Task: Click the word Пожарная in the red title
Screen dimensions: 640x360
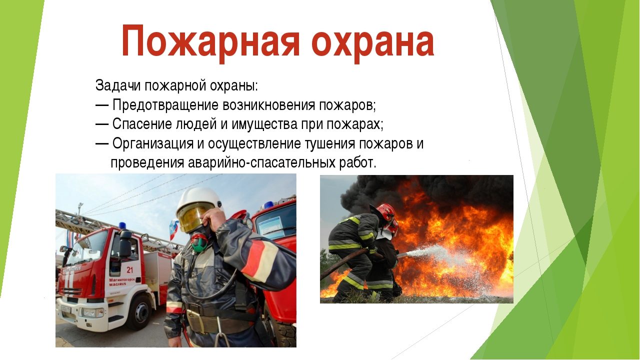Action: click(211, 42)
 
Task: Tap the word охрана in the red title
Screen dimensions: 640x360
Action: click(373, 42)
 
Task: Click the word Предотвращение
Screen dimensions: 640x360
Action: click(165, 105)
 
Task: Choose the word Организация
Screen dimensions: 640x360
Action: click(153, 143)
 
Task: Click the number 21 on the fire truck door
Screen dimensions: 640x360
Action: click(130, 269)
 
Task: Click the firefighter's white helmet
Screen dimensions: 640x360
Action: click(197, 201)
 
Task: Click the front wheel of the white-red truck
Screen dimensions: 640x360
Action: click(139, 312)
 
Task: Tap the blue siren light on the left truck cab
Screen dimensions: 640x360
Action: click(122, 225)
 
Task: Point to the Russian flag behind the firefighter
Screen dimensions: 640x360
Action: click(173, 229)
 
